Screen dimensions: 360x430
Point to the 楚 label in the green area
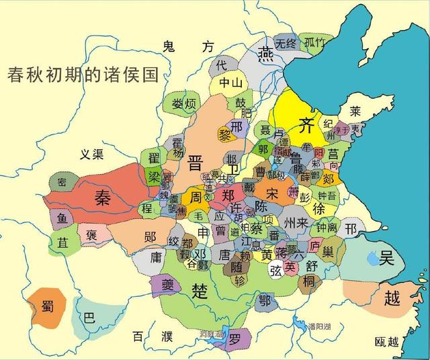(200, 289)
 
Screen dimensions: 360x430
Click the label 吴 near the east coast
(387, 257)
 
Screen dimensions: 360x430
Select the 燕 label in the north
(267, 52)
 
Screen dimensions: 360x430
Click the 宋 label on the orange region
(272, 193)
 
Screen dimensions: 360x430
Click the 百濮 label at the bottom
(146, 336)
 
